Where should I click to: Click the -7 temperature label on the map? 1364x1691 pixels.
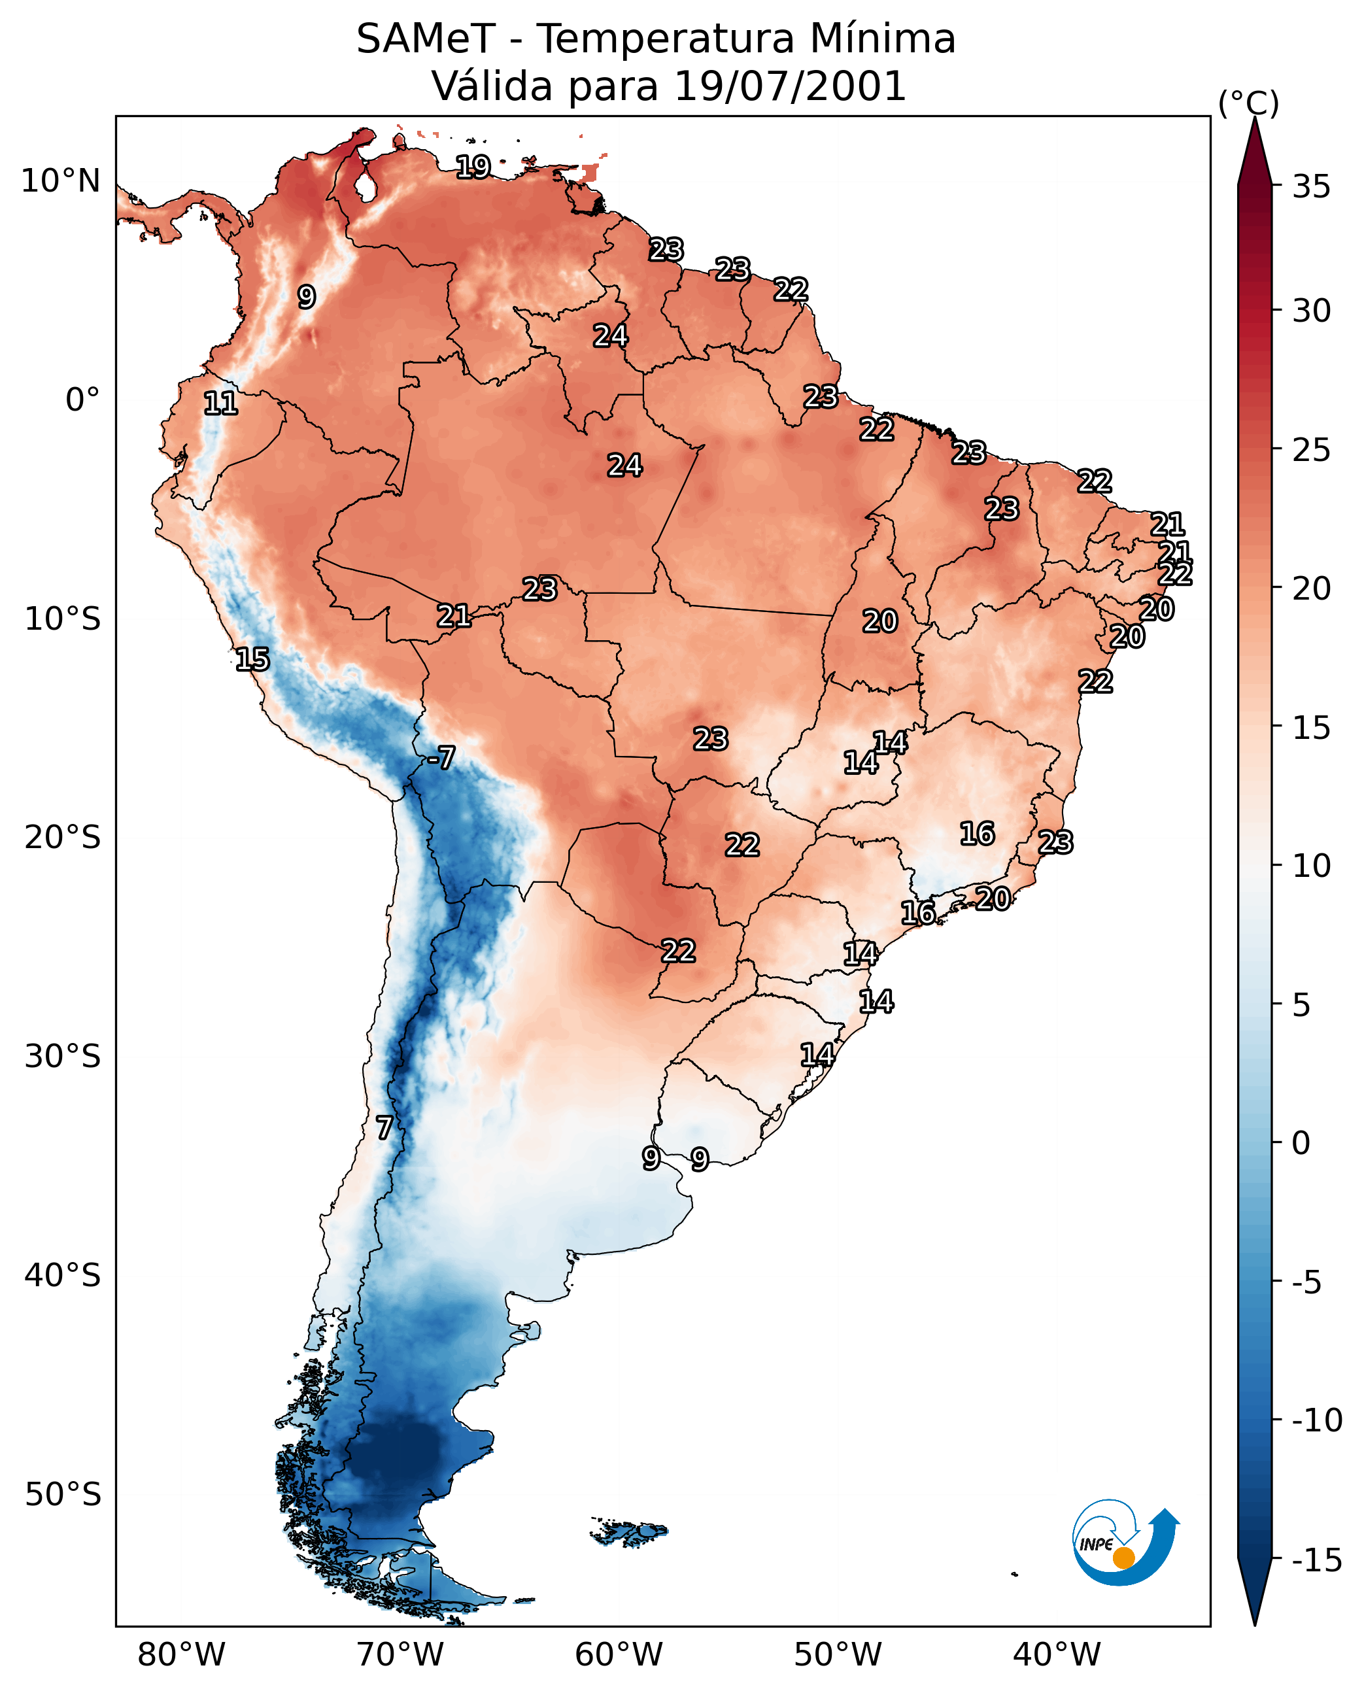pos(441,757)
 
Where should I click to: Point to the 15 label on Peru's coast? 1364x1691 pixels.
pos(252,659)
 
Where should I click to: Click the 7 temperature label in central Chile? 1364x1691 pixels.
pos(383,1127)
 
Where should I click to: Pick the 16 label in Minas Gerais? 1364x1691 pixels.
pos(978,833)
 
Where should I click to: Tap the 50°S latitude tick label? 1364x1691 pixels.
pos(63,1494)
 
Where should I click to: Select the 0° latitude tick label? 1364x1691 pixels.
pos(83,400)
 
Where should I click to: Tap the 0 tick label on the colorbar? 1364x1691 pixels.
pos(1302,1142)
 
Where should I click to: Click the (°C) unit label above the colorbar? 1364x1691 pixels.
pos(1248,103)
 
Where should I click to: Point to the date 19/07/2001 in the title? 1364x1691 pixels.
pos(791,86)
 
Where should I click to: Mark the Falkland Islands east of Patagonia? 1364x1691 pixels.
pos(629,1531)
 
